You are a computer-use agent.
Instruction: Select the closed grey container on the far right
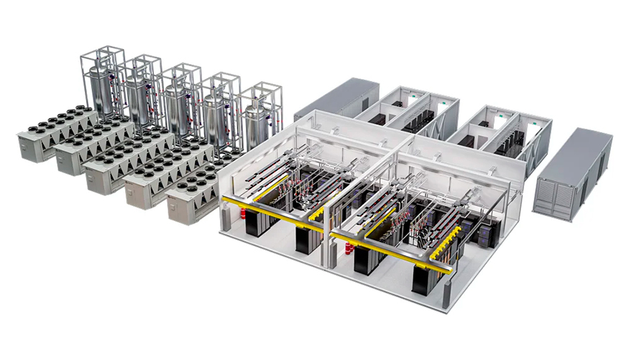pos(572,172)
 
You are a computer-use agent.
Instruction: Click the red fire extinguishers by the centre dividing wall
pos(349,248)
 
